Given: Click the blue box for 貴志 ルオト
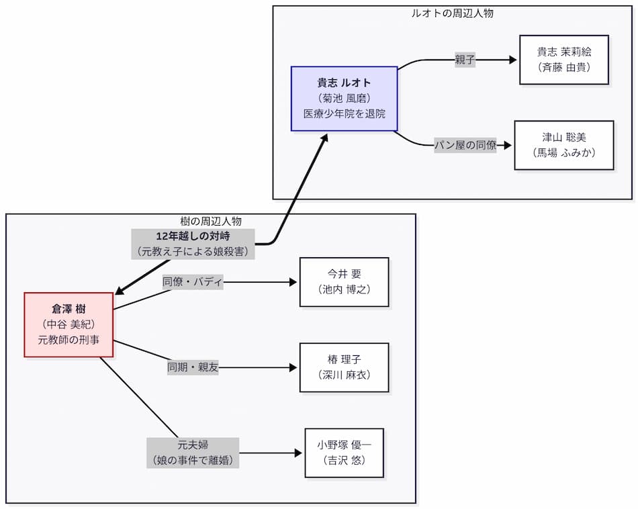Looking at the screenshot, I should (344, 98).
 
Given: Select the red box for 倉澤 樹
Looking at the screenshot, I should (69, 324).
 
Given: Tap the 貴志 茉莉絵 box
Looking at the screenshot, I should (564, 60).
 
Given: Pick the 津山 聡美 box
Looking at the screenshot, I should (564, 145).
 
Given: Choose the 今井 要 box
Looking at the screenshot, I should (344, 282).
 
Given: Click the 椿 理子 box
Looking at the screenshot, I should (344, 367).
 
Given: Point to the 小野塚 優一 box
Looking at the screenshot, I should (344, 453).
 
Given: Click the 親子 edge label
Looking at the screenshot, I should (465, 60).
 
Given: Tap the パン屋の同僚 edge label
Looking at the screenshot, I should (465, 145).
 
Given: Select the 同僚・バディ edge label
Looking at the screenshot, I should (193, 282).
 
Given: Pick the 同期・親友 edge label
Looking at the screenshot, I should (193, 367).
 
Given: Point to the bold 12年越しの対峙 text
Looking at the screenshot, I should (193, 236).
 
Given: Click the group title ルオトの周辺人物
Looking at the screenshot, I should (452, 13).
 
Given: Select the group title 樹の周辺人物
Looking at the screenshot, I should (211, 221).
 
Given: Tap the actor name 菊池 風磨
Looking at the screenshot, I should (344, 98).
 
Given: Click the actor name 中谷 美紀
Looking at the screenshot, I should (69, 324).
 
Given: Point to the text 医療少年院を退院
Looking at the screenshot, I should (344, 113).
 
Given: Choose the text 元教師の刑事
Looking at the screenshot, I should (69, 340).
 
